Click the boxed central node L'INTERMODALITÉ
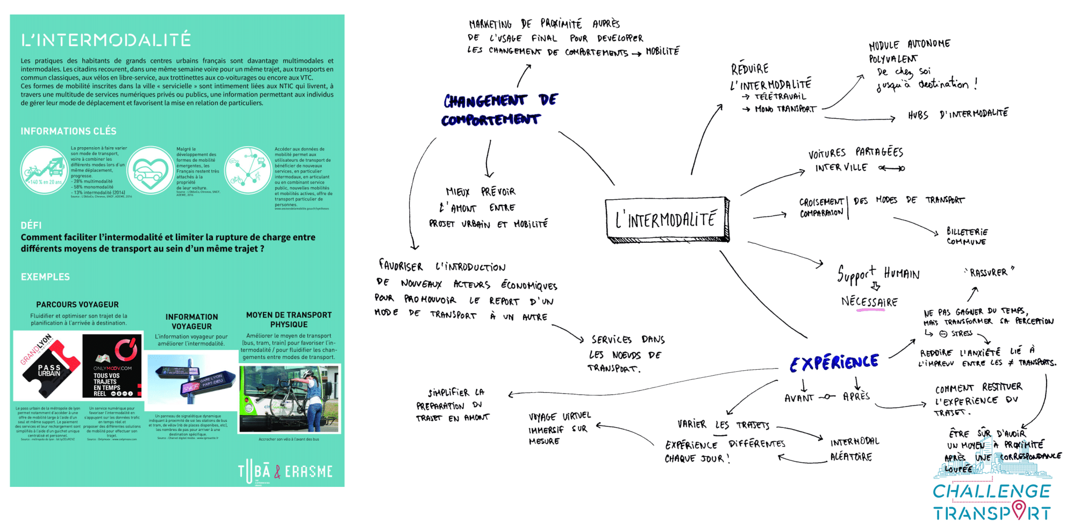(x=667, y=219)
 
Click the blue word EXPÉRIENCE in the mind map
(x=834, y=363)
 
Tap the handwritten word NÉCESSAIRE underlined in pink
(x=869, y=301)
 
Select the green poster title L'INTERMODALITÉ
(x=106, y=40)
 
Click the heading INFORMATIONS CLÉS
(x=68, y=131)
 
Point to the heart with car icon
(x=151, y=171)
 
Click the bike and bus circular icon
(x=44, y=171)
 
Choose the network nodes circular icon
(x=248, y=171)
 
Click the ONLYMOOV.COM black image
(x=113, y=366)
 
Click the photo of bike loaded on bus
(x=289, y=399)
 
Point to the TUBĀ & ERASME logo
(x=285, y=471)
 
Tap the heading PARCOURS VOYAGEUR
(x=77, y=305)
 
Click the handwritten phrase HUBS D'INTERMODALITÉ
(x=958, y=114)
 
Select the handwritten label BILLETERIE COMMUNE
(x=967, y=236)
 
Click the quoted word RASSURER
(x=989, y=272)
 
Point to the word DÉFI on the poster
(x=31, y=225)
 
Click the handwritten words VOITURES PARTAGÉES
(x=856, y=153)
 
